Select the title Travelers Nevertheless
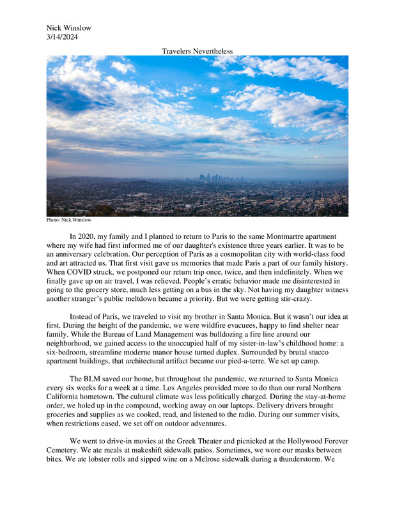[197, 50]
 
